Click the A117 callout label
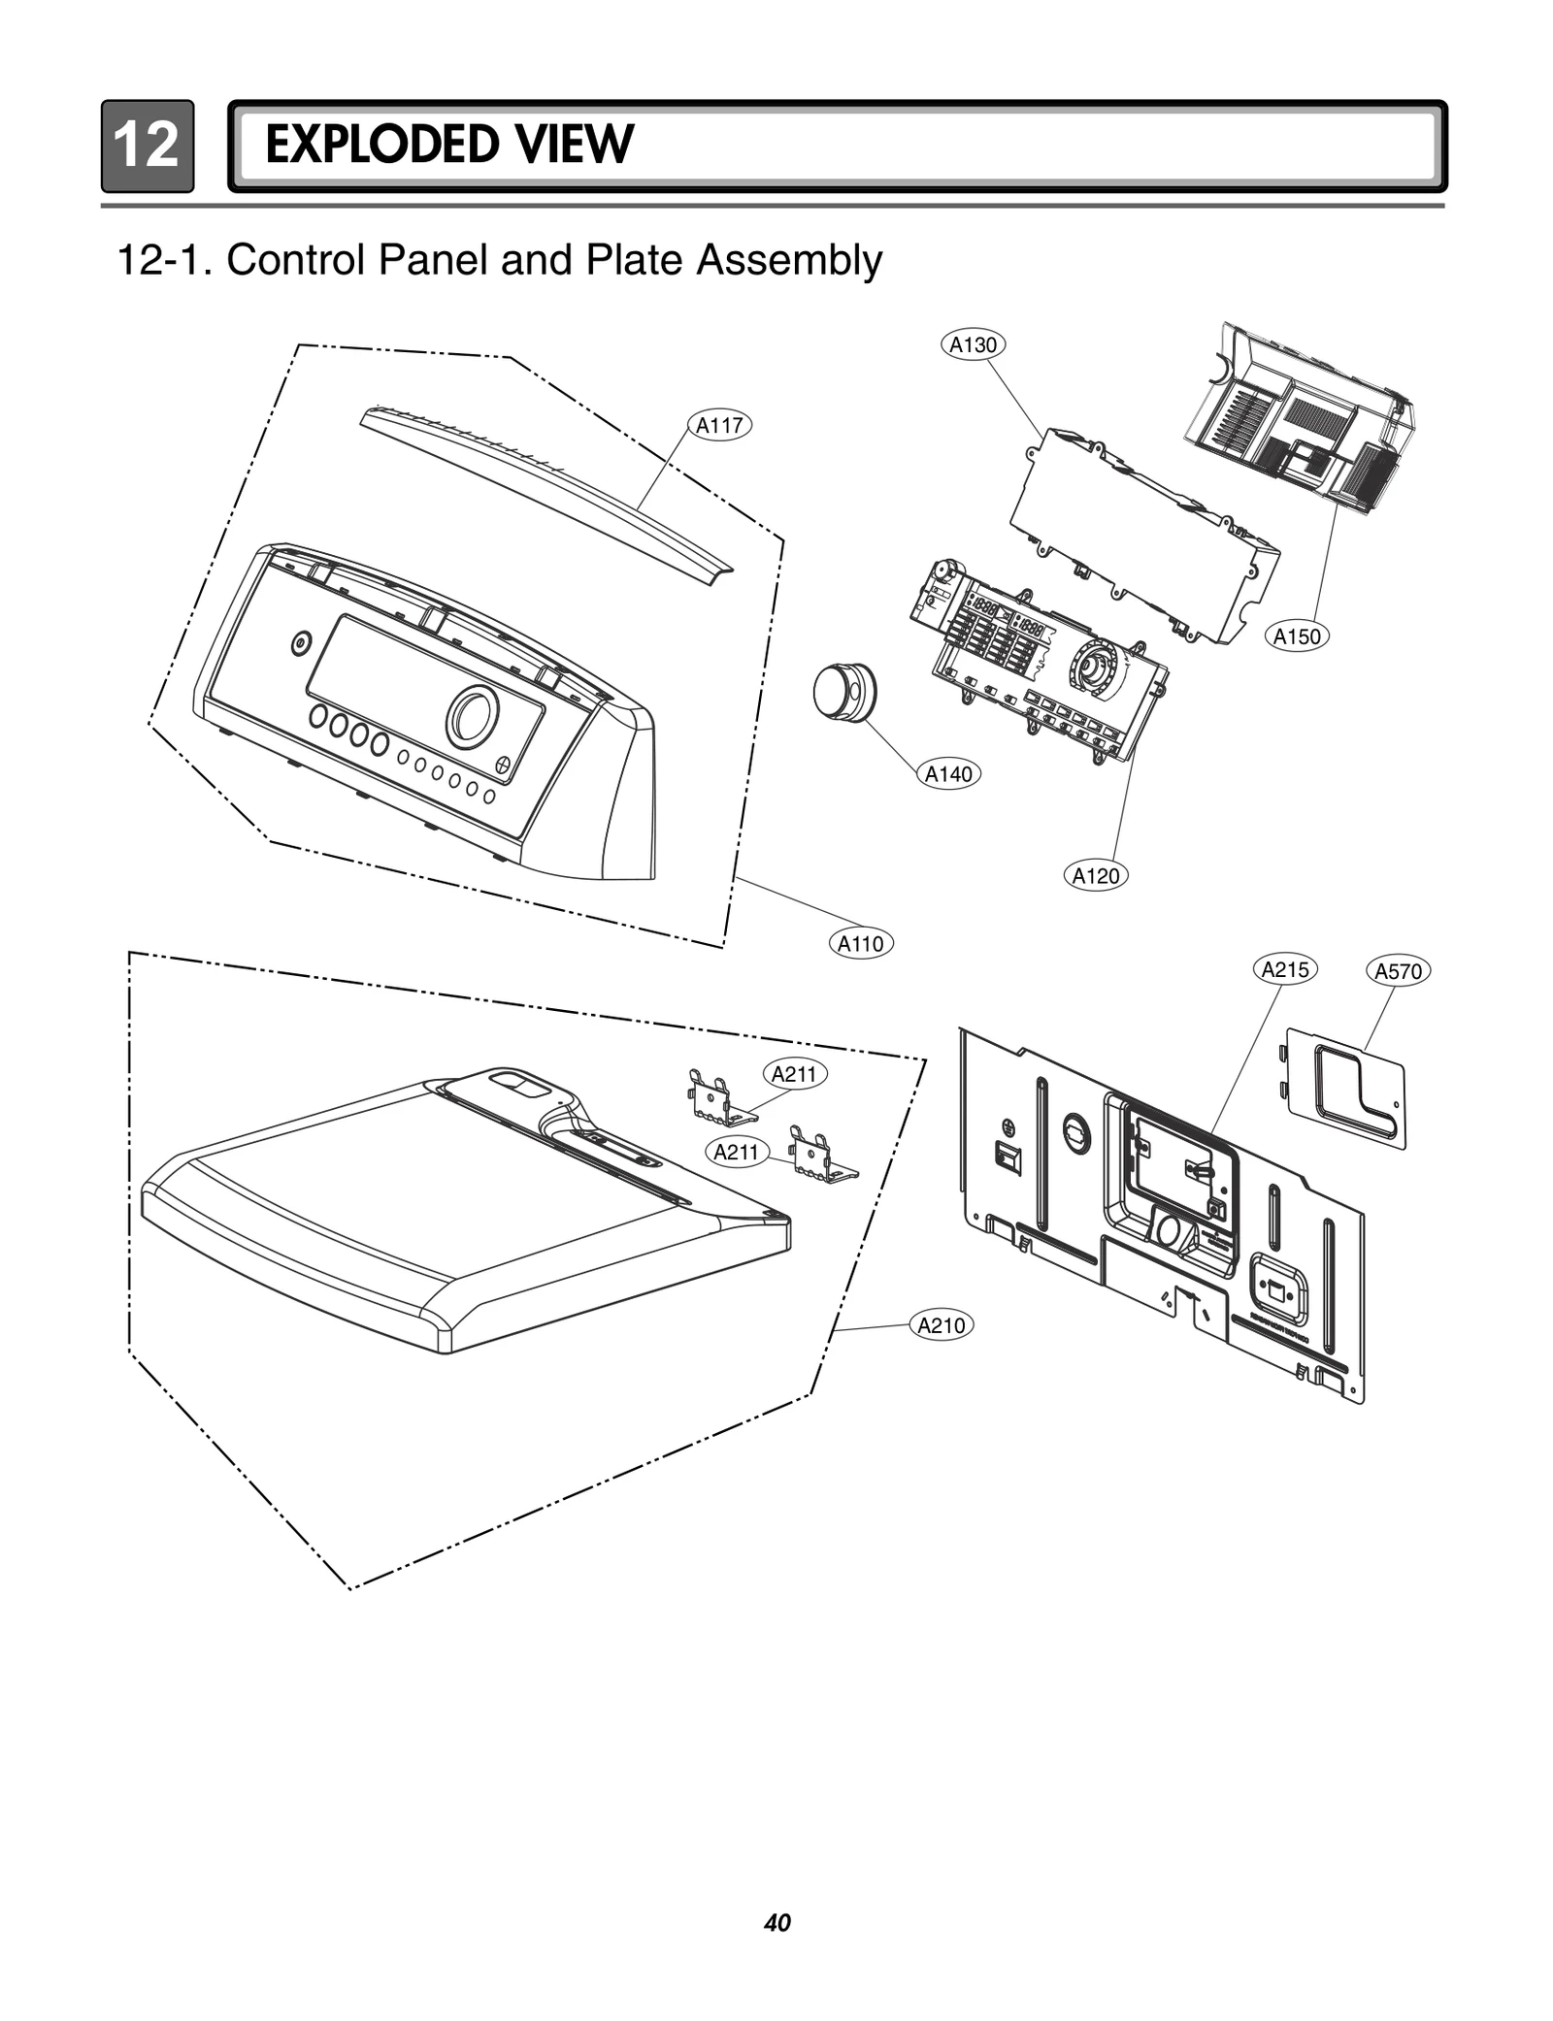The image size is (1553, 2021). (x=720, y=425)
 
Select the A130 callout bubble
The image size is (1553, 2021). (x=974, y=344)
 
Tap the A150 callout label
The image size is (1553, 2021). (x=1297, y=636)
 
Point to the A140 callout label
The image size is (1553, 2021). (x=948, y=774)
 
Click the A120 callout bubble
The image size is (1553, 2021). (x=1096, y=876)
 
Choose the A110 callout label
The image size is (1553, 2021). (x=860, y=943)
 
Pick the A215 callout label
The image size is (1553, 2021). (x=1285, y=969)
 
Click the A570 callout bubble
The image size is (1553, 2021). (x=1399, y=971)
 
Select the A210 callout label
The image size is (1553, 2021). (x=942, y=1325)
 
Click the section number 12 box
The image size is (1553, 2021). (x=147, y=146)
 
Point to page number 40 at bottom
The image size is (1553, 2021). (x=776, y=1922)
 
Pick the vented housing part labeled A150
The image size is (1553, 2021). (x=1301, y=417)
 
